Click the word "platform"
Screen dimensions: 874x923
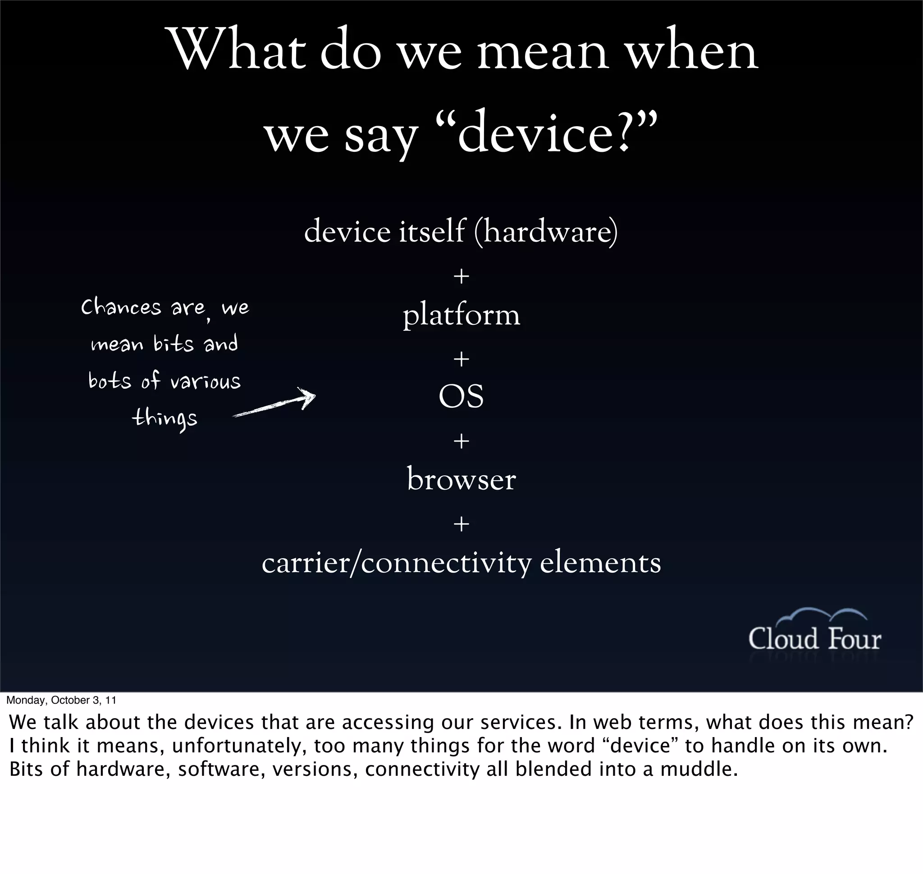pyautogui.click(x=461, y=315)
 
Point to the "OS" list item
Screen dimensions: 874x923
pyautogui.click(x=461, y=397)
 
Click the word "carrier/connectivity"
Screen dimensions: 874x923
pyautogui.click(x=396, y=563)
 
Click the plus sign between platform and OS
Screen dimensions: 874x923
pyautogui.click(x=461, y=359)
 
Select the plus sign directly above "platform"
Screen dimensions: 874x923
pyautogui.click(x=461, y=277)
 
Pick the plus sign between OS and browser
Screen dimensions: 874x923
pyautogui.click(x=461, y=441)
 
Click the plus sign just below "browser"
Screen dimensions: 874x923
pyautogui.click(x=461, y=524)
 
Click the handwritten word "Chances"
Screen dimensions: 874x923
pyautogui.click(x=121, y=308)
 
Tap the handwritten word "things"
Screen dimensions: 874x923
pyautogui.click(x=164, y=418)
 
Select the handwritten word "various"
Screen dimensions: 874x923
pyautogui.click(x=205, y=382)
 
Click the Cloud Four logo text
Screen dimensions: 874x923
pyautogui.click(x=814, y=639)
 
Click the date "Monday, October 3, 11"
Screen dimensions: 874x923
pyautogui.click(x=62, y=700)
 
